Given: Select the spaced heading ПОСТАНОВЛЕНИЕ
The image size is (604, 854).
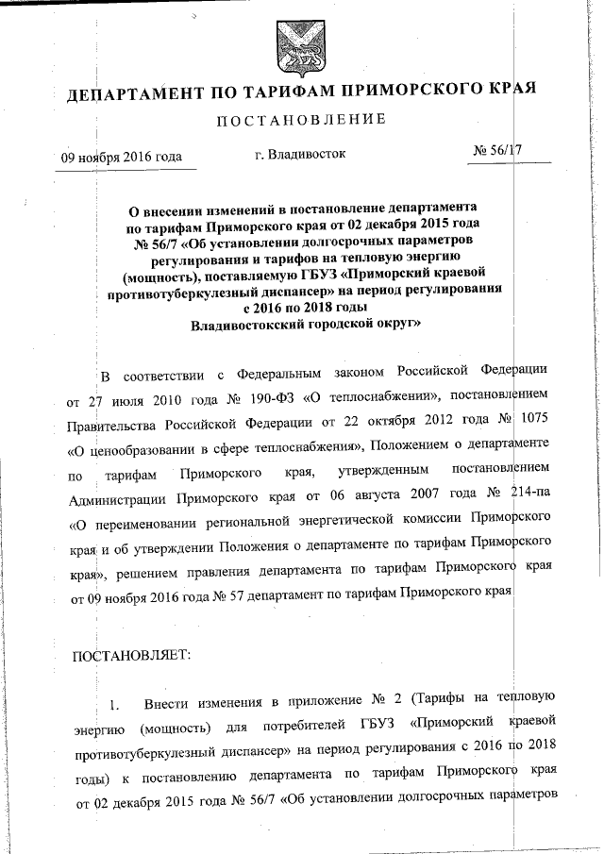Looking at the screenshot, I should [302, 121].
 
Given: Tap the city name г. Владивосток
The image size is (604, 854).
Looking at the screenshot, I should [301, 153].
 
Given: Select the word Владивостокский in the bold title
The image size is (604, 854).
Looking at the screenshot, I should [247, 324].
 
